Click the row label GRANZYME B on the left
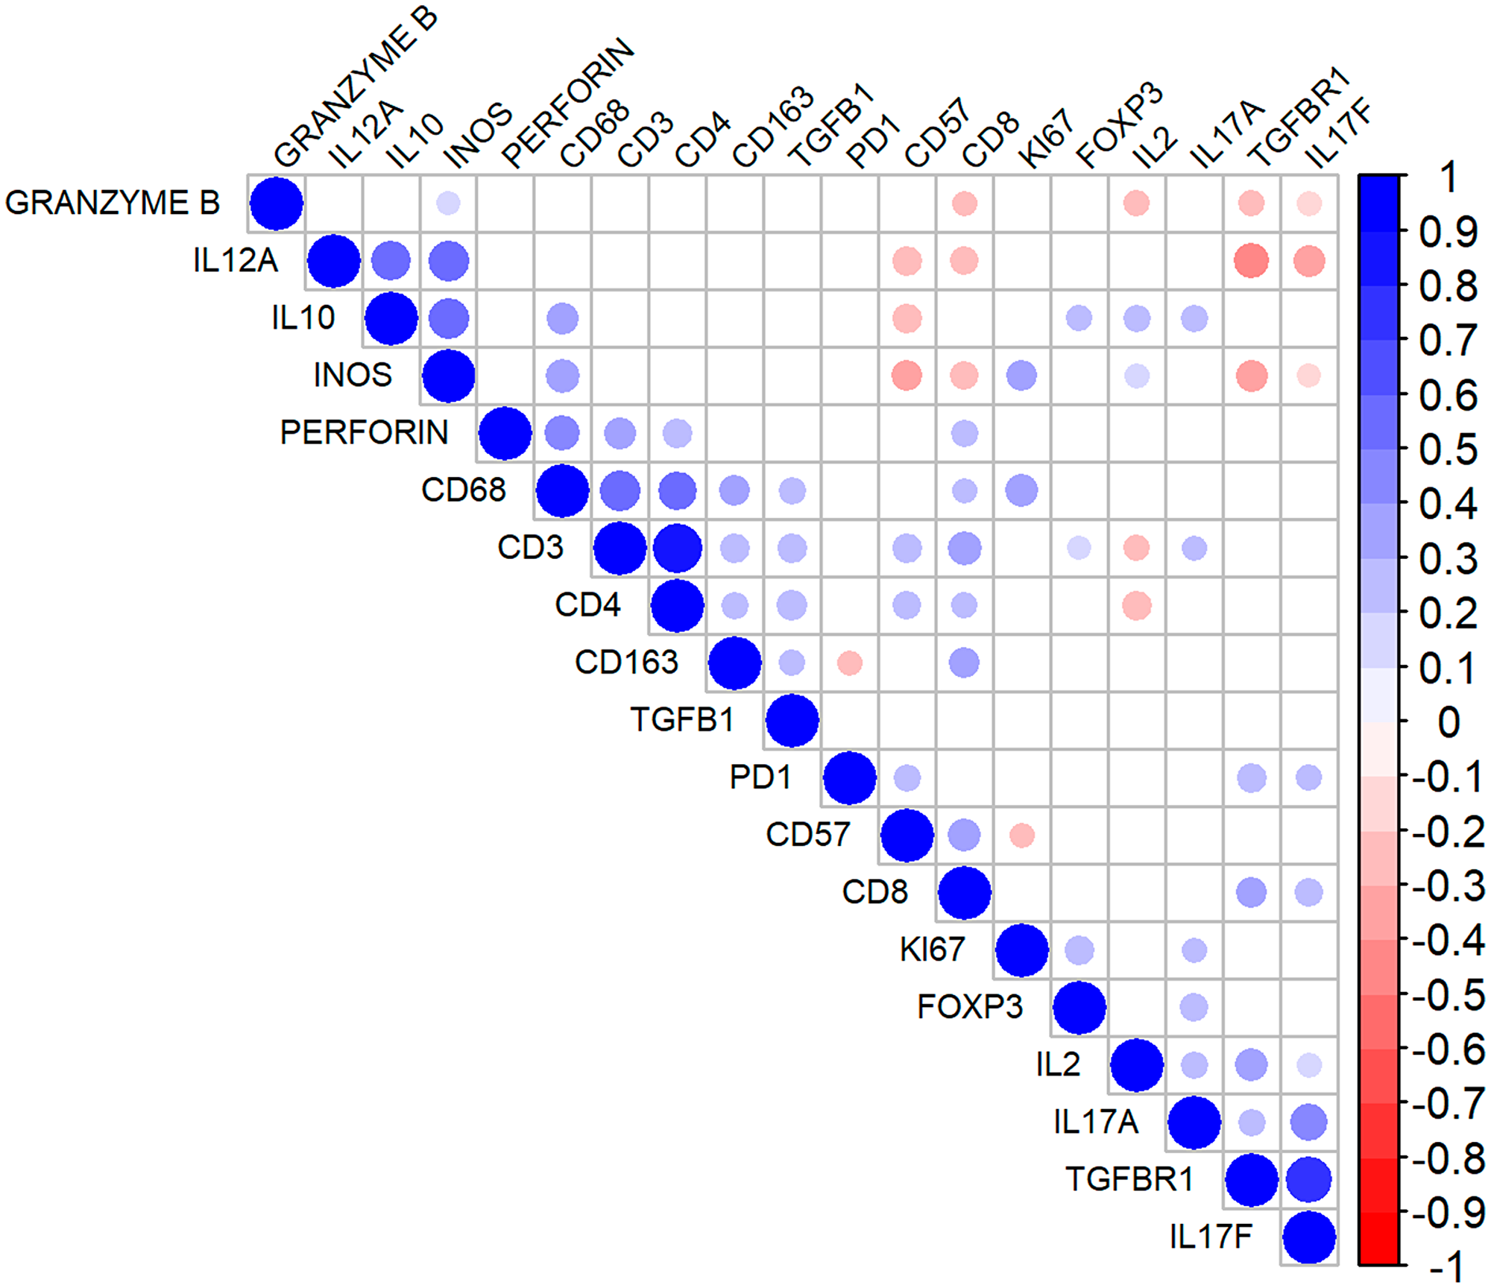click(112, 203)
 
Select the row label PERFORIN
click(364, 432)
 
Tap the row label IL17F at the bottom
click(1211, 1237)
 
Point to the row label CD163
click(626, 662)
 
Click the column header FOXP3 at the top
click(1118, 127)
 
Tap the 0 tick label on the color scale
click(1448, 722)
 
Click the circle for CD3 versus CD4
click(677, 548)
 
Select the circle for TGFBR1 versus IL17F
click(1308, 1180)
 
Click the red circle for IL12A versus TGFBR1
click(1251, 261)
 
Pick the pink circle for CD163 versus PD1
click(849, 663)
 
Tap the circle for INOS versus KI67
click(1021, 376)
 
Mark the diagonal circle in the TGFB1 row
click(792, 720)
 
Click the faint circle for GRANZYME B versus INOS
click(448, 203)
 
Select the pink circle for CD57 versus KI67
click(1021, 835)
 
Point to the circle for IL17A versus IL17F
click(1308, 1123)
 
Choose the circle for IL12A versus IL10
click(391, 261)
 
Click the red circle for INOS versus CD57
click(907, 376)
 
